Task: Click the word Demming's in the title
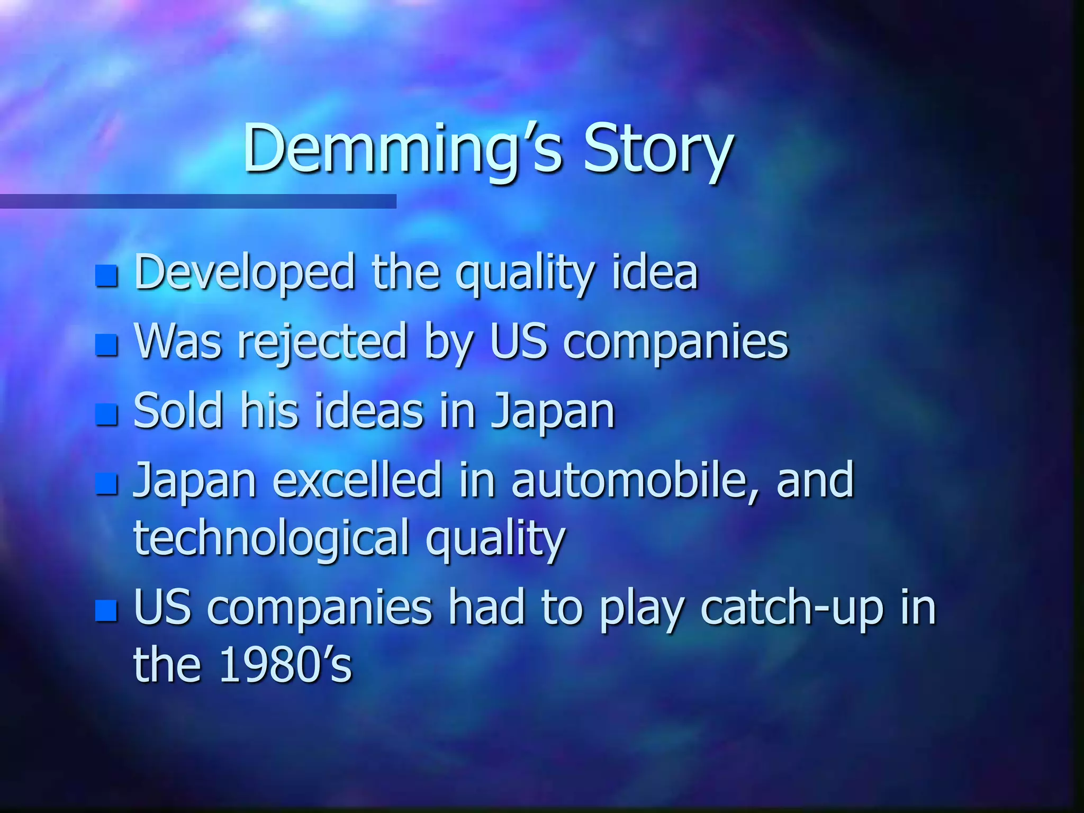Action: point(402,149)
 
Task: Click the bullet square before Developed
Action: point(106,275)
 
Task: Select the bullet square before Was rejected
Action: point(106,345)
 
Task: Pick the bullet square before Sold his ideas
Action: point(106,414)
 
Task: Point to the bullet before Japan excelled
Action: point(106,483)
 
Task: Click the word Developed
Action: point(245,273)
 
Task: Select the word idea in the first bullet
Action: point(655,273)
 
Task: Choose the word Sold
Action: point(178,411)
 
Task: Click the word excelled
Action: point(357,480)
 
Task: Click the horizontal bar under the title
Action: point(198,201)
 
